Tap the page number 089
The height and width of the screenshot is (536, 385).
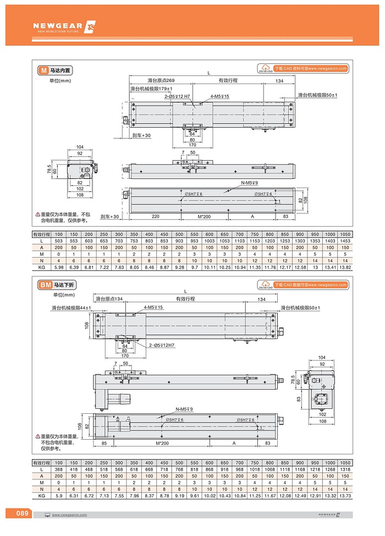pos(22,513)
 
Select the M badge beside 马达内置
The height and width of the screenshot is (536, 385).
pos(43,70)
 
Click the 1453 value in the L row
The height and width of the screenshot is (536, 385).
pos(345,241)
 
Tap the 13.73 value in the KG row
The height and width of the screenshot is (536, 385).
pos(345,496)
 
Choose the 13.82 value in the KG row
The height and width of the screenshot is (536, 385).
pos(345,267)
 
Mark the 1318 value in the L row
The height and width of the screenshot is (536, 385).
pos(345,469)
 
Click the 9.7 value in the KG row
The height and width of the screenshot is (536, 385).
pos(195,267)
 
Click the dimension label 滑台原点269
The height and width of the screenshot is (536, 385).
pos(161,80)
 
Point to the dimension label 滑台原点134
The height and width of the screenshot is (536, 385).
pos(108,299)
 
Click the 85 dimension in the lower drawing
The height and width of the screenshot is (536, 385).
pos(104,443)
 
